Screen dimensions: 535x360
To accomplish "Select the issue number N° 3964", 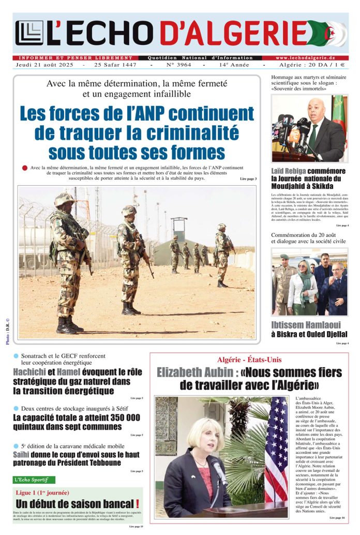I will point(178,65).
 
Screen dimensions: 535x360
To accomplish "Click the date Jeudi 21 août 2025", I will point(46,65).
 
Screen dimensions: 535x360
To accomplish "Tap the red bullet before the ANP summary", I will point(25,168).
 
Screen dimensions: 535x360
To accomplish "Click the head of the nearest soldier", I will point(64,199).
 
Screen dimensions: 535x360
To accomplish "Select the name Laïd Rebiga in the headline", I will point(289,171).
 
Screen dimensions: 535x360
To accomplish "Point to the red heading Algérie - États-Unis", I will point(249,360).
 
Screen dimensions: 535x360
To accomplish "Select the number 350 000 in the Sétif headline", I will point(118,418).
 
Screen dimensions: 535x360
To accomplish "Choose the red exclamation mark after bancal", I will point(137,504).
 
